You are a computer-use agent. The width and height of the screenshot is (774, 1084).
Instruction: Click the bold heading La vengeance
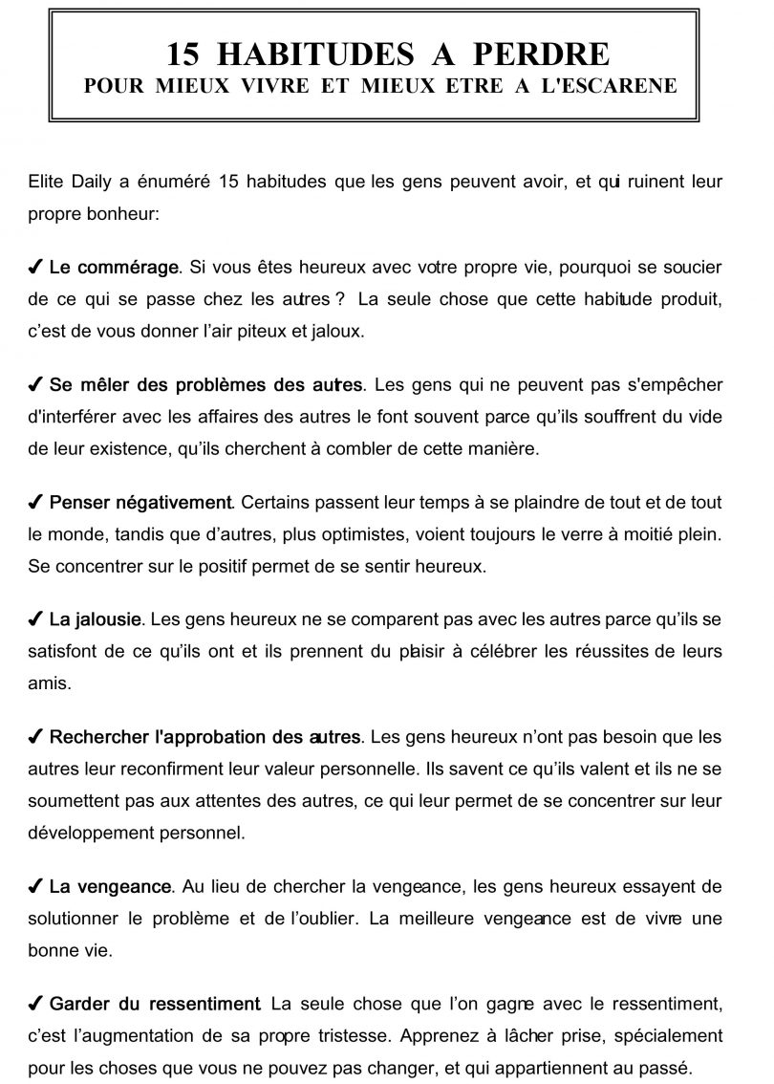[x=110, y=888]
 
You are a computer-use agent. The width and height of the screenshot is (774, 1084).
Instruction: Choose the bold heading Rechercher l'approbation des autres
[x=204, y=738]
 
